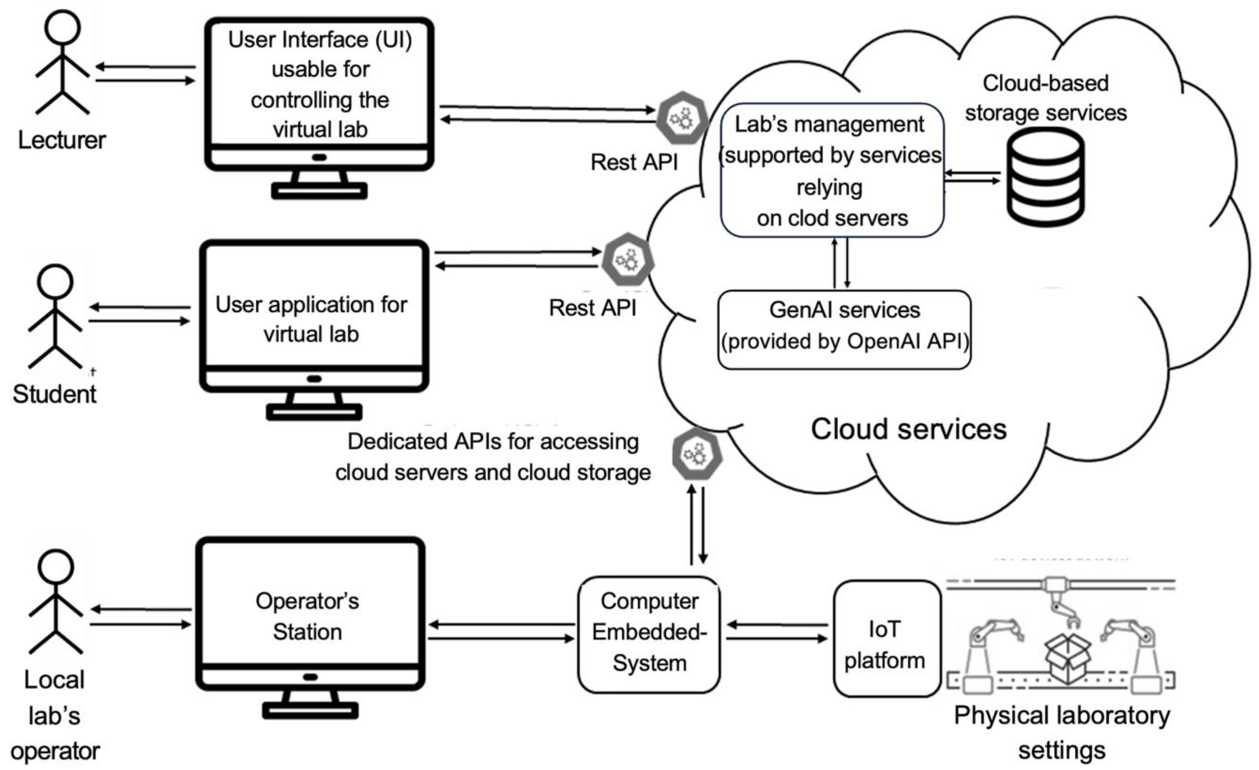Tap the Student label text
click(x=55, y=394)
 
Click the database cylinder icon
click(x=1046, y=176)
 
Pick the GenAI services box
click(x=844, y=329)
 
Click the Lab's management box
click(x=832, y=170)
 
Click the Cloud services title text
click(x=909, y=429)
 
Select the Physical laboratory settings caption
click(x=1062, y=733)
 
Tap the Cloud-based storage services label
click(x=1046, y=98)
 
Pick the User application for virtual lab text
click(x=311, y=319)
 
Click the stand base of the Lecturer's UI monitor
click(x=319, y=191)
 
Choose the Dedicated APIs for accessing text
click(x=493, y=442)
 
